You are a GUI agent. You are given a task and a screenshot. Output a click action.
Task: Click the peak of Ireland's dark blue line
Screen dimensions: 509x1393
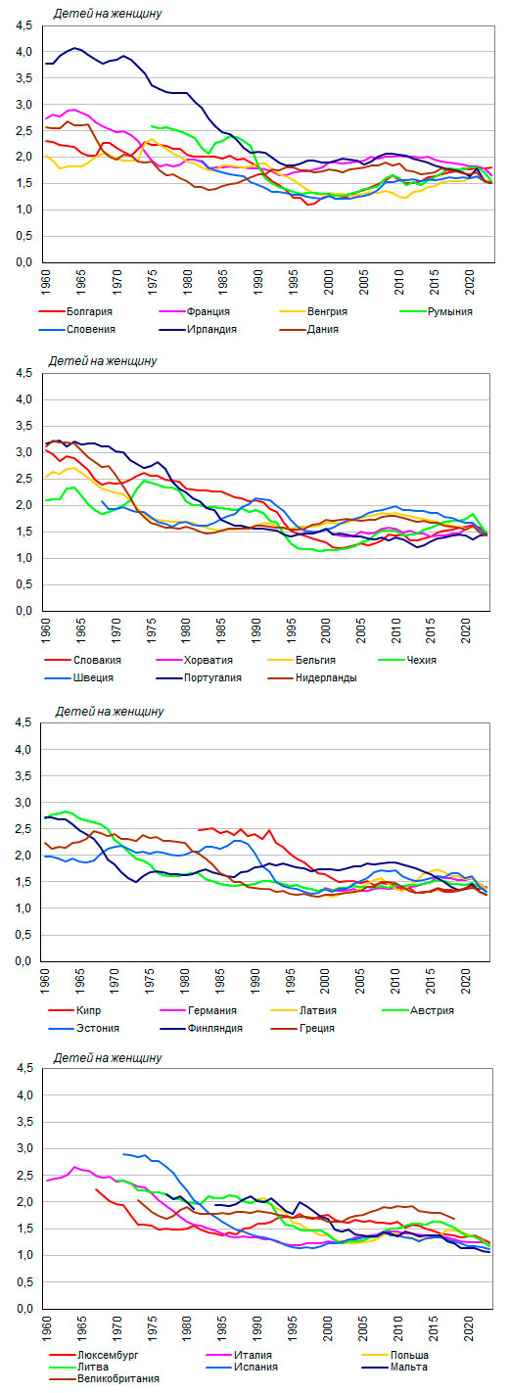click(74, 48)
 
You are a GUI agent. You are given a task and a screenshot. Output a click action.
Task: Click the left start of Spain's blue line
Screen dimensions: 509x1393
click(123, 1154)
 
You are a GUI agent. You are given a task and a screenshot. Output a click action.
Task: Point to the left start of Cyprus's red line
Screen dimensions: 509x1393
click(199, 829)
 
